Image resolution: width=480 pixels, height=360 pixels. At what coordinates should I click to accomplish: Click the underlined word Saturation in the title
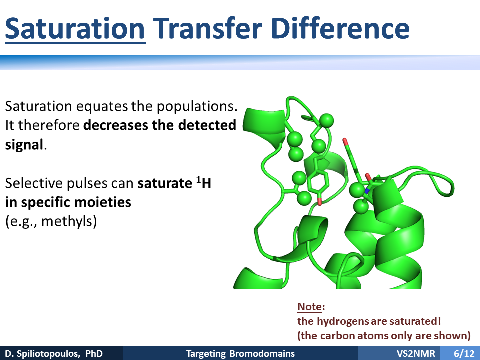(75, 29)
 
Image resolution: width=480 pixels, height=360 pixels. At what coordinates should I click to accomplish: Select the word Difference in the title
(340, 29)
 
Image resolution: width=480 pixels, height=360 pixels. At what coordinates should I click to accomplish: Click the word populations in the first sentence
(197, 107)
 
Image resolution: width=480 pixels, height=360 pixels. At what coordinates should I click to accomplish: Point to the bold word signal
(24, 145)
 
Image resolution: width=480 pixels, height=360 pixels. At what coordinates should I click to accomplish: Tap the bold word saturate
(165, 183)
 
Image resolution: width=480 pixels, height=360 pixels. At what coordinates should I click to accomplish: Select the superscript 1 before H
(198, 179)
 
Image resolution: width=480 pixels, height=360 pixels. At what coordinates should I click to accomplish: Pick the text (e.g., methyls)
(51, 221)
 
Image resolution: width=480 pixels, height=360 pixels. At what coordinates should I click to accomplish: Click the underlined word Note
(310, 306)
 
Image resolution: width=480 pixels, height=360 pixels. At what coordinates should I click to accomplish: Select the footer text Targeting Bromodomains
(240, 354)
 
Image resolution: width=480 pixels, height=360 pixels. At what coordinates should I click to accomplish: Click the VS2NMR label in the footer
(416, 354)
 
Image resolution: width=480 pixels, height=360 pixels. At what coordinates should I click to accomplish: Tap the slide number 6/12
(464, 354)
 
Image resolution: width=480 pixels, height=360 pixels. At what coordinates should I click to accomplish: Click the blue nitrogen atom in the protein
(367, 191)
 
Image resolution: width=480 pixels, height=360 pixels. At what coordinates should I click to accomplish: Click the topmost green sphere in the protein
(326, 120)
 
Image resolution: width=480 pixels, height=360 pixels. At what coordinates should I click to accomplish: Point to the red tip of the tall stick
(345, 141)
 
